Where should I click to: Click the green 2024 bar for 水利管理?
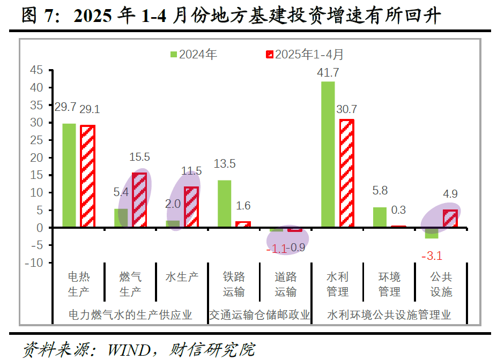pyautogui.click(x=328, y=154)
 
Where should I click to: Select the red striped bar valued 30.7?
pyautogui.click(x=346, y=174)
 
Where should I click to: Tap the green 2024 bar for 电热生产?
pyautogui.click(x=69, y=175)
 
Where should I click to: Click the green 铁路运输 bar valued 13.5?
pyautogui.click(x=224, y=204)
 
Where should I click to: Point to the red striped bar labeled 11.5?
pyautogui.click(x=191, y=207)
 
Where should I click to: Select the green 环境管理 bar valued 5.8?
pyautogui.click(x=379, y=217)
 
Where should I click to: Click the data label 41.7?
pyautogui.click(x=329, y=72)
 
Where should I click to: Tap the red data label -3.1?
pyautogui.click(x=431, y=256)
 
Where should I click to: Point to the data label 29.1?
pyautogui.click(x=89, y=109)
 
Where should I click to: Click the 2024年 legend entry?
pyautogui.click(x=194, y=54)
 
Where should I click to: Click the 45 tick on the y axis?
pyautogui.click(x=36, y=70)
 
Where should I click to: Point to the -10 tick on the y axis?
pyautogui.click(x=34, y=262)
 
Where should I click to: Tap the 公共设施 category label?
pyautogui.click(x=441, y=284)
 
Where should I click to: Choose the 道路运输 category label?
pyautogui.click(x=285, y=284)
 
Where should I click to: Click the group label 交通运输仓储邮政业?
pyautogui.click(x=259, y=314)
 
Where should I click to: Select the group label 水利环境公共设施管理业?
pyautogui.click(x=389, y=314)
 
